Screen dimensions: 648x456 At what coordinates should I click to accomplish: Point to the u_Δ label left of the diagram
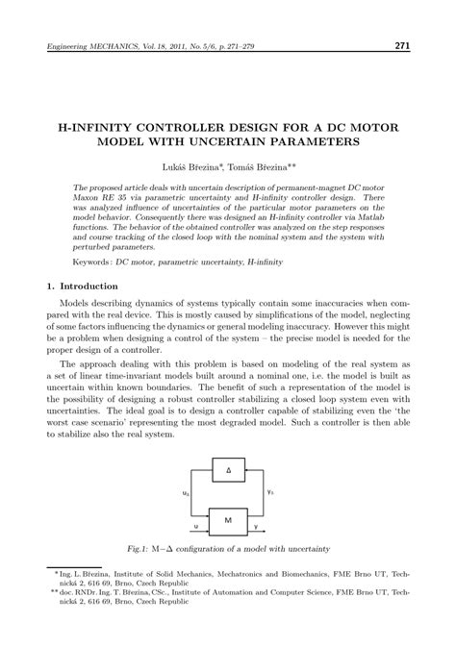[x=186, y=493]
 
